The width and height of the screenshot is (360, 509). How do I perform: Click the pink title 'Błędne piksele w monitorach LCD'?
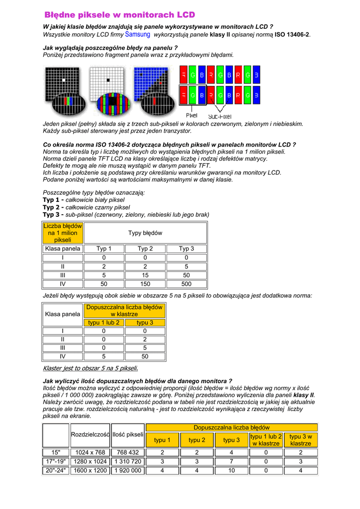click(120, 15)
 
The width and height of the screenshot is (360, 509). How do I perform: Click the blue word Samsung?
click(138, 34)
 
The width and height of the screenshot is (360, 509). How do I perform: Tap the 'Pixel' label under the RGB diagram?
click(191, 115)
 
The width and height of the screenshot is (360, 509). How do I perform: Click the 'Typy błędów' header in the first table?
click(145, 233)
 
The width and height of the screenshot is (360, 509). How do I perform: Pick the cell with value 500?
click(186, 284)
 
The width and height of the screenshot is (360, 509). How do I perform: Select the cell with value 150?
click(145, 284)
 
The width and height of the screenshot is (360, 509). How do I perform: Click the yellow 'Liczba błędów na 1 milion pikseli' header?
click(63, 233)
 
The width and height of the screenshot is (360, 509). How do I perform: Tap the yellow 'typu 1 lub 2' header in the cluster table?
click(104, 323)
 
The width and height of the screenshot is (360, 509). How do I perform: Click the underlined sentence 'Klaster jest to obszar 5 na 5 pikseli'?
click(90, 368)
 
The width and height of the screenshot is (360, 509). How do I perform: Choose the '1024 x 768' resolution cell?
click(90, 452)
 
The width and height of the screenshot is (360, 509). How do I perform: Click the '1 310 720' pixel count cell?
click(128, 461)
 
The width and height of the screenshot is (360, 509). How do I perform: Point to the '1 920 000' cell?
click(128, 470)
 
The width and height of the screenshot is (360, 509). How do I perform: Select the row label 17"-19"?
click(56, 461)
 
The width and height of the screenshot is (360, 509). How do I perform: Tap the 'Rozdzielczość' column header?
click(90, 435)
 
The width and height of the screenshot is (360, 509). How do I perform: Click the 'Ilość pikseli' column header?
click(128, 435)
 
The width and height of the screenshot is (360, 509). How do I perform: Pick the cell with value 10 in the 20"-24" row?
click(231, 470)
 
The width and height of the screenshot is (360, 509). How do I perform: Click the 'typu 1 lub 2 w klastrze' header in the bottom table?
click(266, 439)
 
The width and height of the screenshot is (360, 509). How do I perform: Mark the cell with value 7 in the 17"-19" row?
click(231, 461)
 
